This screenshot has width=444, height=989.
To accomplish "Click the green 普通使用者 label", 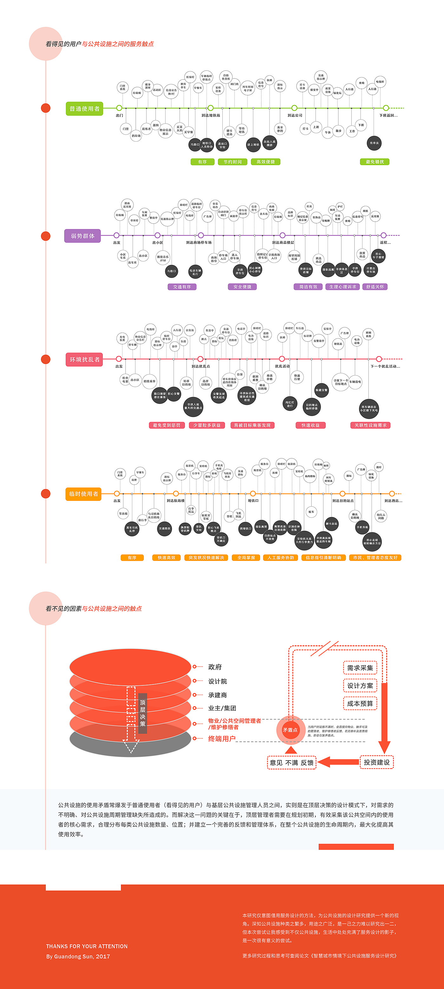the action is (x=84, y=109).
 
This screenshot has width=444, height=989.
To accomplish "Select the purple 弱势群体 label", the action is (x=82, y=236).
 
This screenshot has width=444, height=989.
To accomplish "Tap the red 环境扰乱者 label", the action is (x=84, y=359).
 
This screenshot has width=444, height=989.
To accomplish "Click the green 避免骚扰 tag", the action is (x=375, y=162).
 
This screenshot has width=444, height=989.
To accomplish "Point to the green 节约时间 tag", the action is (x=232, y=162).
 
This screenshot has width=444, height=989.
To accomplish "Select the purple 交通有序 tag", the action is (x=182, y=287).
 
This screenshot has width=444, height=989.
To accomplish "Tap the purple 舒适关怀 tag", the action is (x=375, y=287).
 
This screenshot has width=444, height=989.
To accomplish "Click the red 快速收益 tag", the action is (x=310, y=425).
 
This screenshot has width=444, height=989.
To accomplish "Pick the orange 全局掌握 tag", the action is (x=246, y=558).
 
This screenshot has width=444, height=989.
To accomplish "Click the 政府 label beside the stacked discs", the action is (x=215, y=667).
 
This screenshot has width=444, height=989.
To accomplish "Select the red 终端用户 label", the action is (x=222, y=739).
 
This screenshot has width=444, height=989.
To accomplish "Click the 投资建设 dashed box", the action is (x=376, y=763).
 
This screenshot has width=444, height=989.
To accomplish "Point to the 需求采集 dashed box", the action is (x=360, y=668).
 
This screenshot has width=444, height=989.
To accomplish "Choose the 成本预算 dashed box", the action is (x=360, y=704).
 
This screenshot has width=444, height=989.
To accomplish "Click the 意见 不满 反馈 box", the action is (x=292, y=763).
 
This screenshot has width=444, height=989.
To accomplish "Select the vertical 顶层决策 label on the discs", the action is (x=143, y=713).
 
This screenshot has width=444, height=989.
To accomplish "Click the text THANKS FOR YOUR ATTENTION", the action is (x=87, y=946).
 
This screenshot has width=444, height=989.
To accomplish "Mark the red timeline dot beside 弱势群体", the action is (x=46, y=236).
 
